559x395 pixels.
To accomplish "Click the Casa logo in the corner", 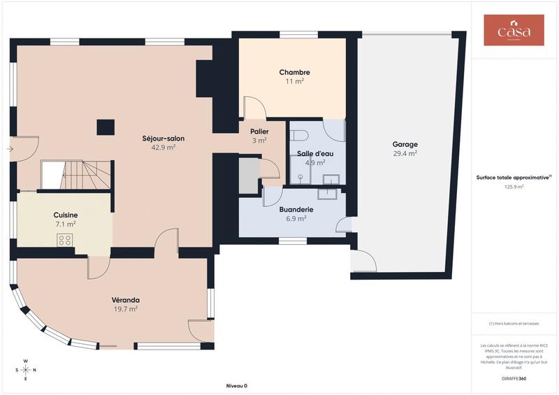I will [514, 30].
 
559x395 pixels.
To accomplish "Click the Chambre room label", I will [294, 72].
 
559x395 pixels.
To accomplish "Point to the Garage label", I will [405, 145].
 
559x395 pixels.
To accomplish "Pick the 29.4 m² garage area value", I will [405, 153].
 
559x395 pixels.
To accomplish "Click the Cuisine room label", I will [66, 215].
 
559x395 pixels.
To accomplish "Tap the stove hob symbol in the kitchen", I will [65, 240].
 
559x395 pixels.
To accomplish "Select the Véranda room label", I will [126, 300].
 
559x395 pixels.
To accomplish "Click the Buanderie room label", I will [296, 209].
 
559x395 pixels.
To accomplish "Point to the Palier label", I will [259, 131].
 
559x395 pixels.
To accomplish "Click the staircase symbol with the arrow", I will [76, 174].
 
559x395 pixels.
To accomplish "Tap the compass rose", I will [25, 370].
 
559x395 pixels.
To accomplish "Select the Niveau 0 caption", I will [236, 386].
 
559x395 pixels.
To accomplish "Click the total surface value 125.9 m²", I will [514, 187].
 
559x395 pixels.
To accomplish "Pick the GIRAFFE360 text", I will [514, 378].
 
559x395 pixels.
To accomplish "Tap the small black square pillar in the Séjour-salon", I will [106, 127].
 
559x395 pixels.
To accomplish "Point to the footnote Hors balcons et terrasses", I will [514, 323].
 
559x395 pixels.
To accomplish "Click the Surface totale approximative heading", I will [514, 178].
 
